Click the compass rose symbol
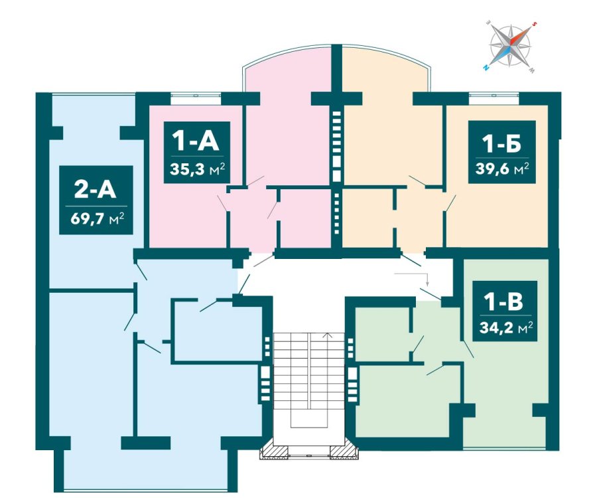510,46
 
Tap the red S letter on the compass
534,23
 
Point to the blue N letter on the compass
486,68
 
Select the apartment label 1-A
196,140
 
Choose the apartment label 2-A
95,189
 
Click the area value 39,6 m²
502,169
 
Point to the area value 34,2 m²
505,327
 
